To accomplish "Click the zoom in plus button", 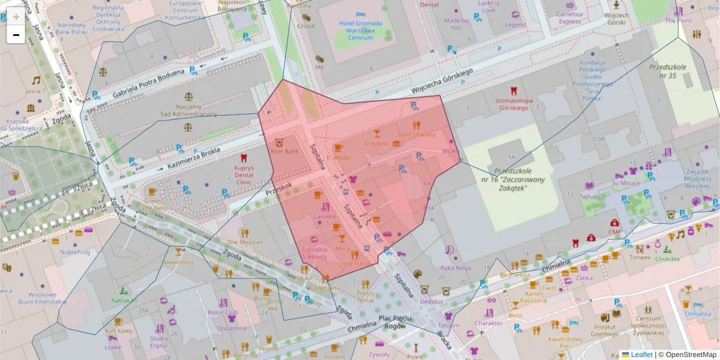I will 16,16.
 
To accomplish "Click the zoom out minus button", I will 16,35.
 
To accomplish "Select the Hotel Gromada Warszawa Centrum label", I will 361,30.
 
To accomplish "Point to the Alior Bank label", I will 284,152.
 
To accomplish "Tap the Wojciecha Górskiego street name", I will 442,80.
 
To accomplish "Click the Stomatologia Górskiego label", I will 511,104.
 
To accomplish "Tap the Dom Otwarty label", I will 416,134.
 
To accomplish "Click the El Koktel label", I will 377,144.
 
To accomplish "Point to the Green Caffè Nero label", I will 154,205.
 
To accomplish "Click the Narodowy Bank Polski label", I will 71,29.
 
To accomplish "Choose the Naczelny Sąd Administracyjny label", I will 188,110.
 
